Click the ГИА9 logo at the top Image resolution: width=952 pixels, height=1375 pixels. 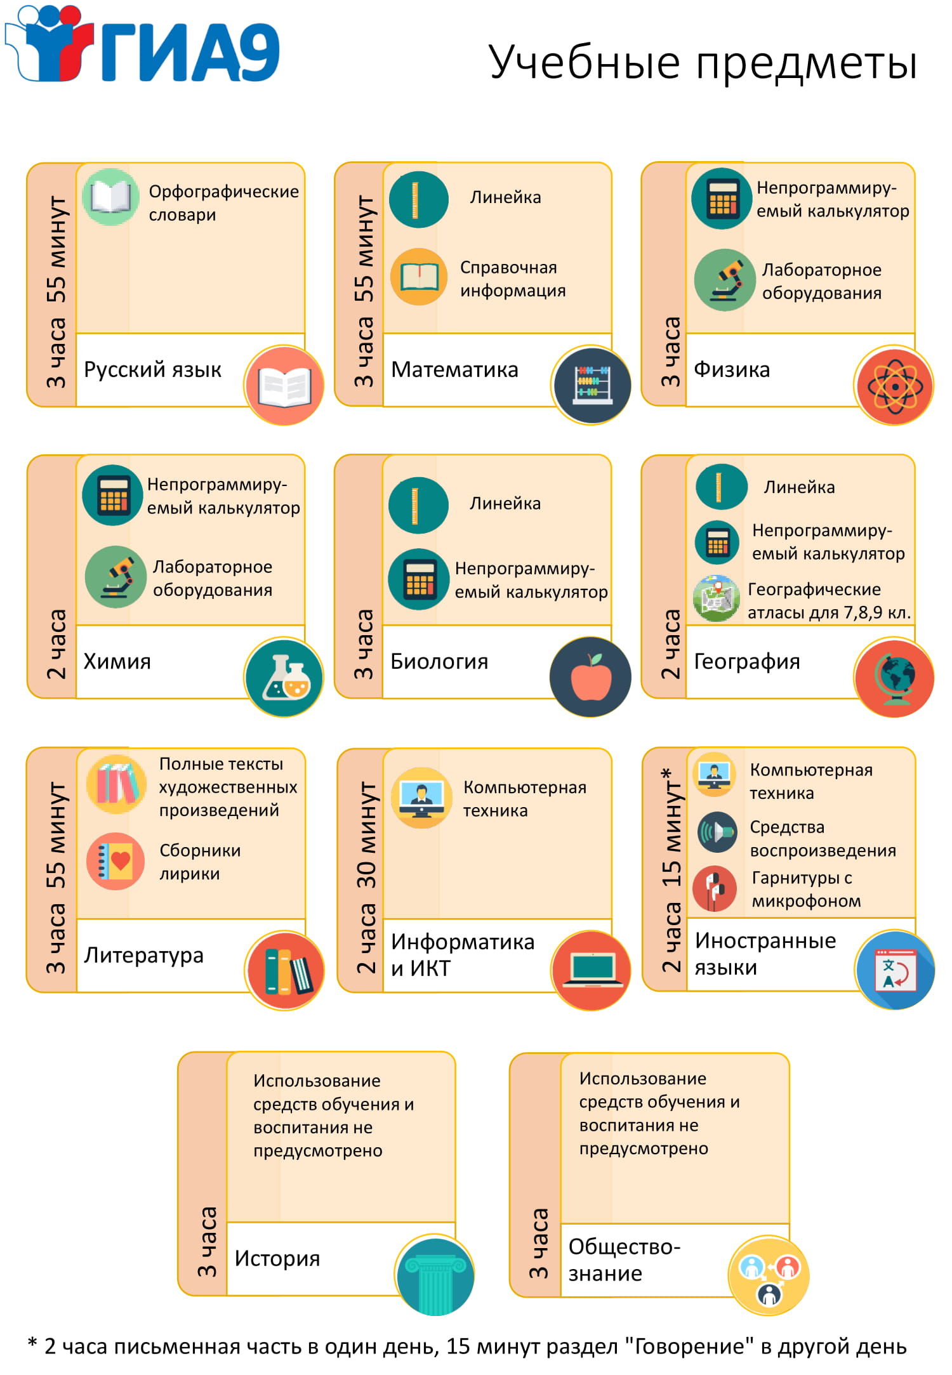point(142,44)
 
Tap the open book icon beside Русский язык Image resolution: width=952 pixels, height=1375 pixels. point(284,385)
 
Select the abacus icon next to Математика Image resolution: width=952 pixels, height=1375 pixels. point(592,385)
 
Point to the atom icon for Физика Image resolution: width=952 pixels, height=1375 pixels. point(894,385)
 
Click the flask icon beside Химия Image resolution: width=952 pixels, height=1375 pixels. point(284,677)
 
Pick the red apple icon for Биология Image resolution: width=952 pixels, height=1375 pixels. point(592,677)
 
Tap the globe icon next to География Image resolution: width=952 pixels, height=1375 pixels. point(894,677)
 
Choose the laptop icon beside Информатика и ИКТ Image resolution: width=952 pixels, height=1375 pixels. point(592,970)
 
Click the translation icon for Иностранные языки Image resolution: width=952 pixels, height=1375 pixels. point(895,970)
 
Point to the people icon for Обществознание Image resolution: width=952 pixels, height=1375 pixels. point(769,1275)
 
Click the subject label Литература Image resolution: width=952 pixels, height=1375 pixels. point(144,955)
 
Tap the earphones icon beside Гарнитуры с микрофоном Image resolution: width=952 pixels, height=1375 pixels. point(715,889)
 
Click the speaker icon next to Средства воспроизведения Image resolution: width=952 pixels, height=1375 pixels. point(717,832)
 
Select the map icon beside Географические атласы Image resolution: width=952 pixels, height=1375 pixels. point(717,598)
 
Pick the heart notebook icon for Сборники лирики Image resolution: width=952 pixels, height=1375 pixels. point(116,861)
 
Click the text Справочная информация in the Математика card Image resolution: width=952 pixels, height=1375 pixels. point(513,279)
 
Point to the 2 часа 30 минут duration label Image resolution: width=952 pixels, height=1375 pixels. point(366,878)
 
